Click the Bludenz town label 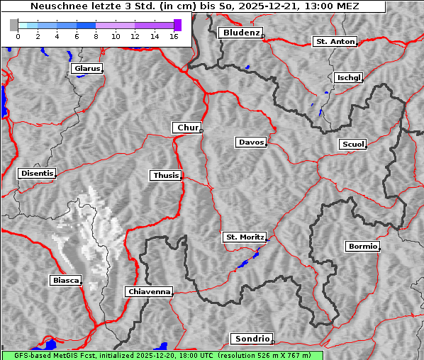coord(240,33)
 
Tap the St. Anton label coord(334,42)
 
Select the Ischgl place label coord(348,77)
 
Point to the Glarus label coord(86,69)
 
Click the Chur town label coord(186,128)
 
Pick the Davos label coord(250,142)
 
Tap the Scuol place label coord(352,145)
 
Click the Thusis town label coord(166,175)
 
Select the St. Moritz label coord(244,237)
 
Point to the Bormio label coord(362,247)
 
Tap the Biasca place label coord(65,281)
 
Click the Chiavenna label coord(149,291)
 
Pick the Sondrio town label coord(251,339)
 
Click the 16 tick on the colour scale coord(173,36)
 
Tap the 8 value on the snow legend coord(96,36)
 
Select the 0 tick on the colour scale coord(18,36)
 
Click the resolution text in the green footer coord(266,355)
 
